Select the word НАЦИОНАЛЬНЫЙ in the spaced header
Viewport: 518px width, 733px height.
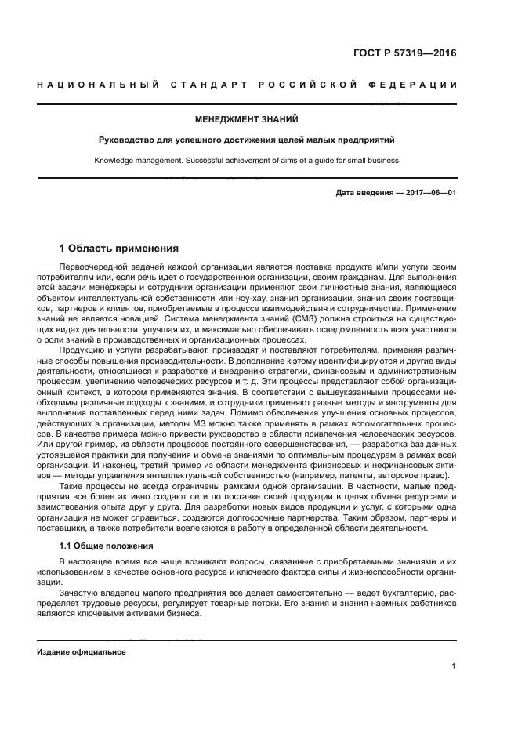98,85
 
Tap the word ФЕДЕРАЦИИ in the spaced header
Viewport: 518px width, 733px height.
417,85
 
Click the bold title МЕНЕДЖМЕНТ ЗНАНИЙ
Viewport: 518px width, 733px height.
247,120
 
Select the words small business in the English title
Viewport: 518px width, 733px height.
373,161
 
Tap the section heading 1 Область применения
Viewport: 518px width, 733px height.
119,249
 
